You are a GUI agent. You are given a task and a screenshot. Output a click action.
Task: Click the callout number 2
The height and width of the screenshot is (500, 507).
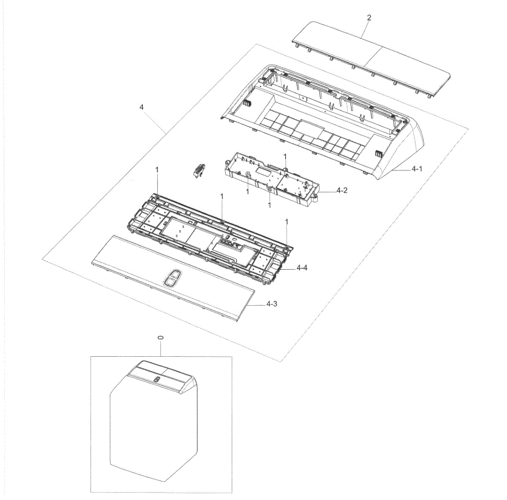pos(369,18)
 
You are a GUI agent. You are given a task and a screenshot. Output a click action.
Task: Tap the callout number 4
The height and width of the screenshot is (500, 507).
pos(142,107)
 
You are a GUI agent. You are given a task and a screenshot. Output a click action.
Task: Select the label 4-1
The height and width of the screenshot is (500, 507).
pos(417,169)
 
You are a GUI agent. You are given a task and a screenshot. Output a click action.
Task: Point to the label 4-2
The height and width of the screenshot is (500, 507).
pos(342,190)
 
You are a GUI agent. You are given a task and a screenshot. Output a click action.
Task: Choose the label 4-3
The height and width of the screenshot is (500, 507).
pos(272,304)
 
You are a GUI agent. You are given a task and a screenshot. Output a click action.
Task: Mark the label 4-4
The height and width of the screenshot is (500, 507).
pos(302,268)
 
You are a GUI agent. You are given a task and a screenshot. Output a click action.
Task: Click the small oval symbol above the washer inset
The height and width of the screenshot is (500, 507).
pos(161,338)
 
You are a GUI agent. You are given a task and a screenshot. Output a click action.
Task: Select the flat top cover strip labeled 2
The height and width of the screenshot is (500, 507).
pos(371,60)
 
